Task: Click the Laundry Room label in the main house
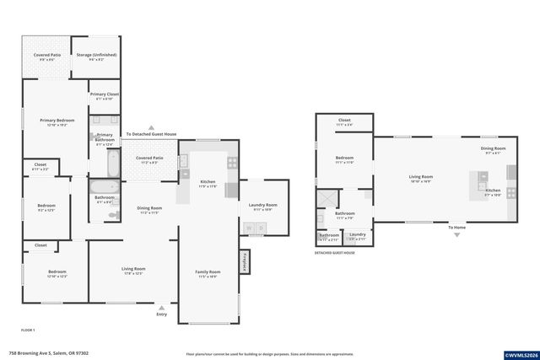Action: [262, 205]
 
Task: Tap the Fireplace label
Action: [245, 261]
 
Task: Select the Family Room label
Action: [208, 271]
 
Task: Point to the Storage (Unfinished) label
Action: [96, 56]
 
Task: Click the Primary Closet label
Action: [105, 94]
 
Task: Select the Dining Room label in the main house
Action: [149, 208]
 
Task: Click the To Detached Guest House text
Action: [151, 134]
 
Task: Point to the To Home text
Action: [457, 228]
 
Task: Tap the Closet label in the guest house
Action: [344, 121]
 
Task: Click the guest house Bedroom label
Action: [344, 158]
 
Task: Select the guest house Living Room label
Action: [421, 176]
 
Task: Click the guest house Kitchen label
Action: [492, 191]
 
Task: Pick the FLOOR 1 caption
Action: [28, 329]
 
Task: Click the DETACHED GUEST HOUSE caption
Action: [335, 252]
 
